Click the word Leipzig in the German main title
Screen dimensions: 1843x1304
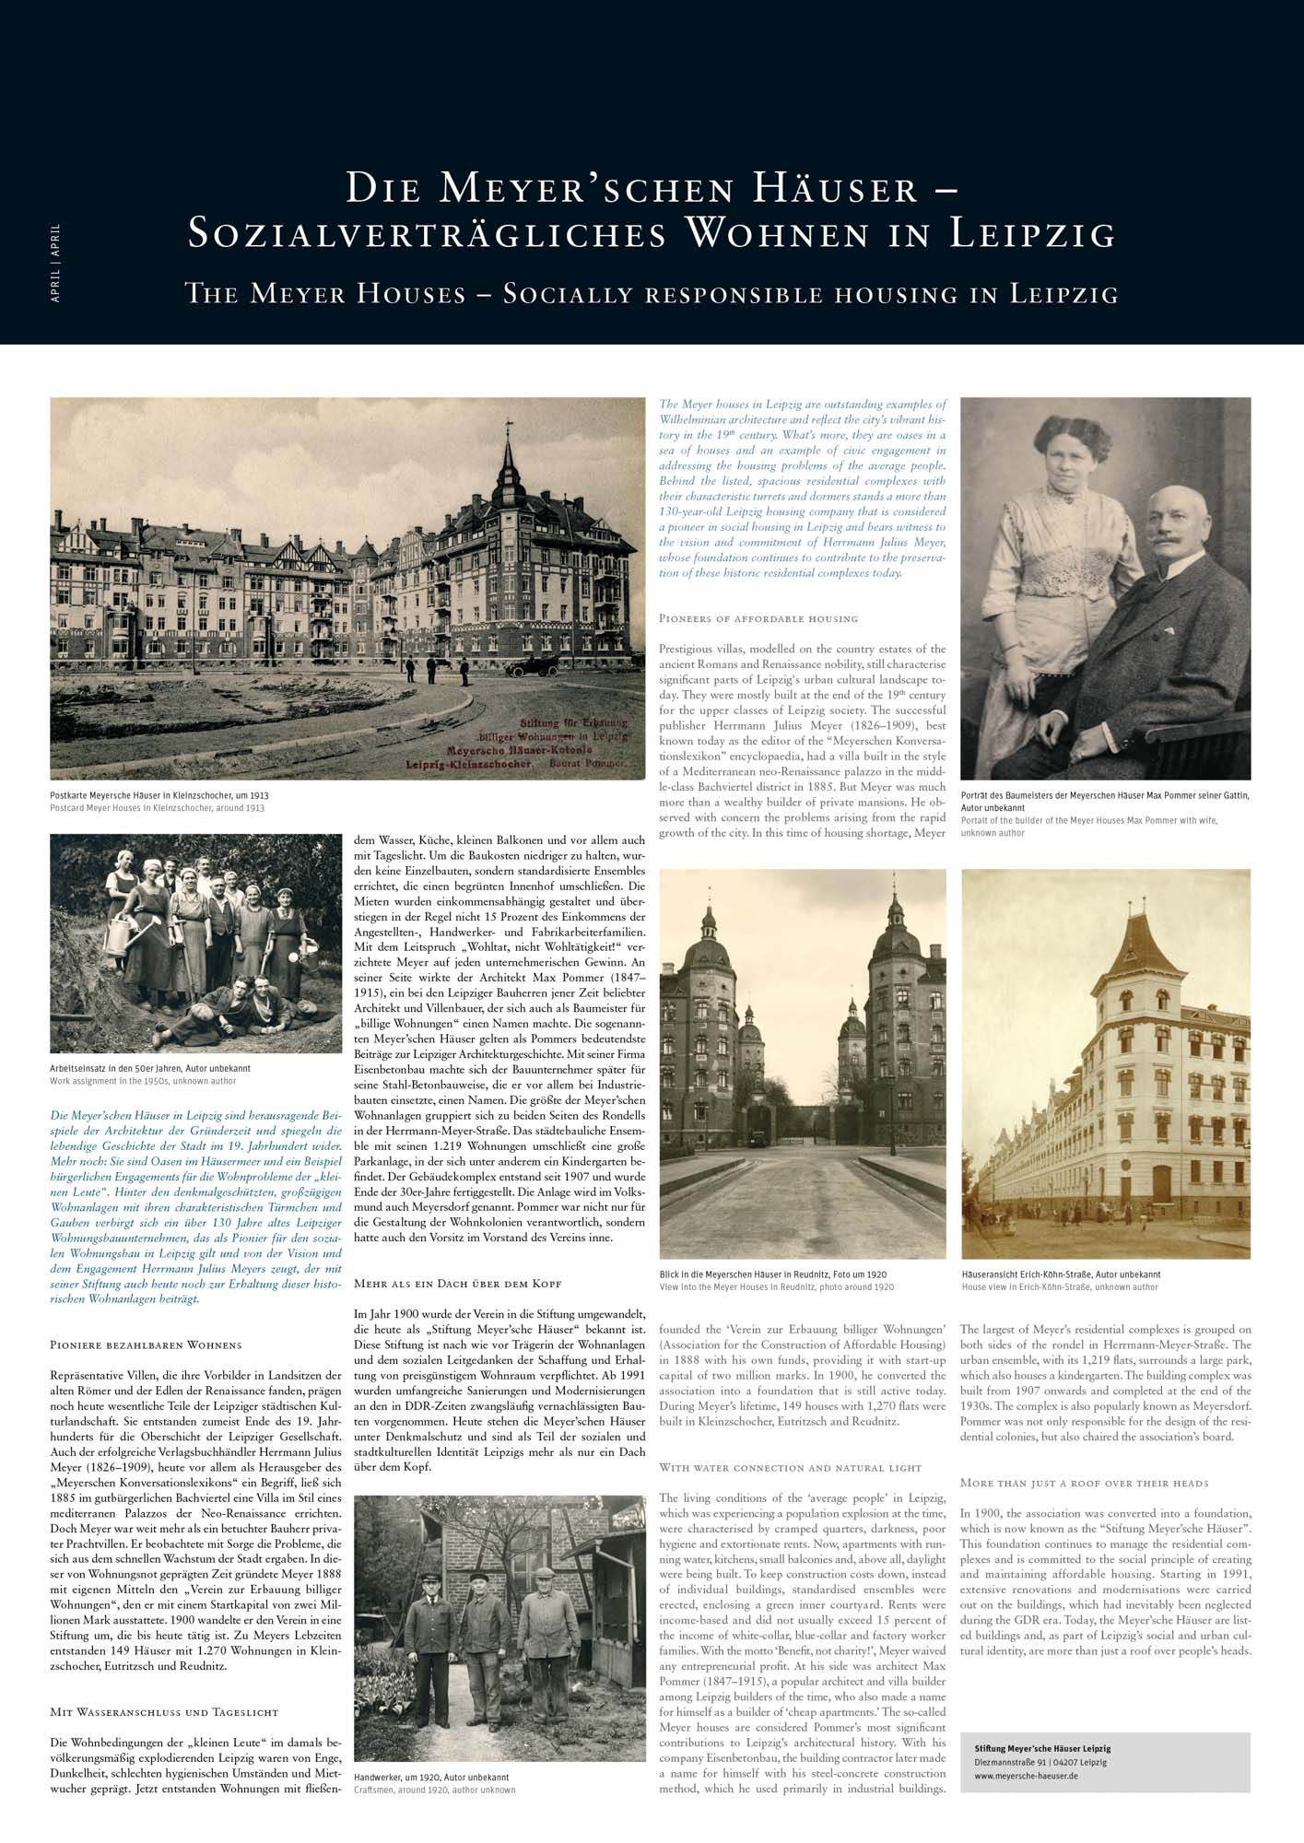coord(1032,234)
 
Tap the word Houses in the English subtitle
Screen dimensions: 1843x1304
coord(405,295)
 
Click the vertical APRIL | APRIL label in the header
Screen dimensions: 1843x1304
coord(56,264)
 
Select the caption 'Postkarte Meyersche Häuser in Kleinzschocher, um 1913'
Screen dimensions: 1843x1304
coord(159,795)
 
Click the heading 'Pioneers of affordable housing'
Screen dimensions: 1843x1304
coord(758,618)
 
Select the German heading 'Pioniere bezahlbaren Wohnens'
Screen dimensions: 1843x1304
coord(146,1345)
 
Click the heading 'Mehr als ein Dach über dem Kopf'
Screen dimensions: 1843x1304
coord(457,1284)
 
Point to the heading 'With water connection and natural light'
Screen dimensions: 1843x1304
coord(790,1467)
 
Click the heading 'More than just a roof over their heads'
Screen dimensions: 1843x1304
coord(1084,1483)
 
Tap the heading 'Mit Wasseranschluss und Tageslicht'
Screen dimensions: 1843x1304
coord(164,1712)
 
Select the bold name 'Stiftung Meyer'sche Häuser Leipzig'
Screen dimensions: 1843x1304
coord(1042,1748)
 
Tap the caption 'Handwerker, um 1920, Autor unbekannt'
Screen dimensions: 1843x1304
coord(431,1777)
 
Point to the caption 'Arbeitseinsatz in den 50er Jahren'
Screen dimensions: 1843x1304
coord(149,1069)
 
